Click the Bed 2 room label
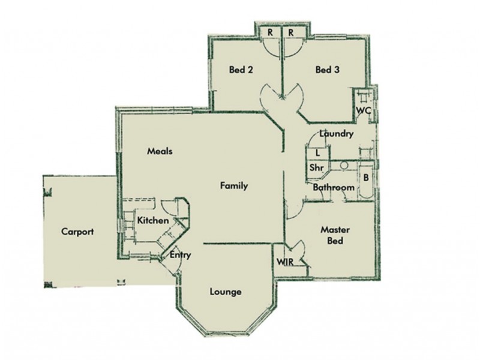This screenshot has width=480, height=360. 241,70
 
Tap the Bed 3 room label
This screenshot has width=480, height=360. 328,70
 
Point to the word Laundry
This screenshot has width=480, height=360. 336,134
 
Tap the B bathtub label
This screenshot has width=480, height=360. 365,178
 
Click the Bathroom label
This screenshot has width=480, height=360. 334,188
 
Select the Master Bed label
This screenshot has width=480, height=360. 335,235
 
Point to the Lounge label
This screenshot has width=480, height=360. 226,292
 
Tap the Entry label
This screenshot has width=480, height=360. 180,255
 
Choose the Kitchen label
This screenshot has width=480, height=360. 152,221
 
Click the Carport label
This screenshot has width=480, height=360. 78,232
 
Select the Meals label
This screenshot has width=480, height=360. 160,151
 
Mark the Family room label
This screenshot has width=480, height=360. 234,186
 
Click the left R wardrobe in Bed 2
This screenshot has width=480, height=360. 271,32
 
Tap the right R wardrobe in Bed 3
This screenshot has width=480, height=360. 290,32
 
